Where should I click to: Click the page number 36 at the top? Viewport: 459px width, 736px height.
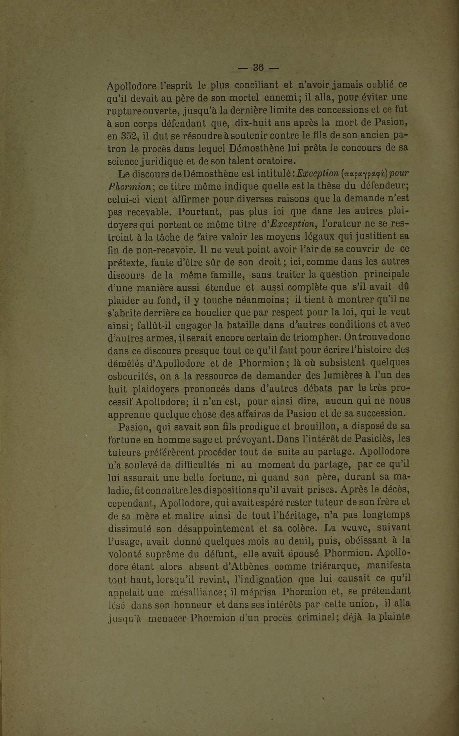coord(258,67)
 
